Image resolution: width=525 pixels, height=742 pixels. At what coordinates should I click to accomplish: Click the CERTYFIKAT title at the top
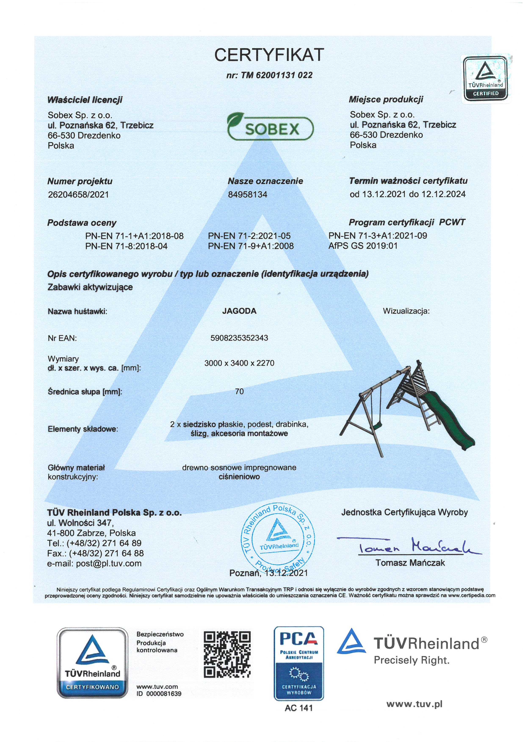pos(269,55)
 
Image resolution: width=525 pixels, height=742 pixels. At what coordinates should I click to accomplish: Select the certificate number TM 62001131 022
pos(269,75)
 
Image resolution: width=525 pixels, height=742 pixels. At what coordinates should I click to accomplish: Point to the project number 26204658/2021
pos(78,195)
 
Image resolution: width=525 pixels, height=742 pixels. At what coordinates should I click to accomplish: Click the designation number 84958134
pos(248,195)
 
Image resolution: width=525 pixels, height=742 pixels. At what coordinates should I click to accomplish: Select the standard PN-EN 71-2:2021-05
pos(249,236)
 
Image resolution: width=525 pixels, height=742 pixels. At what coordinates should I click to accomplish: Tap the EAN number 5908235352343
pos(239,338)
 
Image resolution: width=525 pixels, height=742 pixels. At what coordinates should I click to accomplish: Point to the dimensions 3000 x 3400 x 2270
pos(239,363)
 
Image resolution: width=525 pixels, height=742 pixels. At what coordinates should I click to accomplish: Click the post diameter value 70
pos(239,392)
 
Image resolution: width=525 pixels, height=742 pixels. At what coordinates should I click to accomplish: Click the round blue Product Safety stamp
pos(278,539)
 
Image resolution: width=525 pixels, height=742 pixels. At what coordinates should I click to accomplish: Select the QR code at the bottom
pos(227,654)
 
